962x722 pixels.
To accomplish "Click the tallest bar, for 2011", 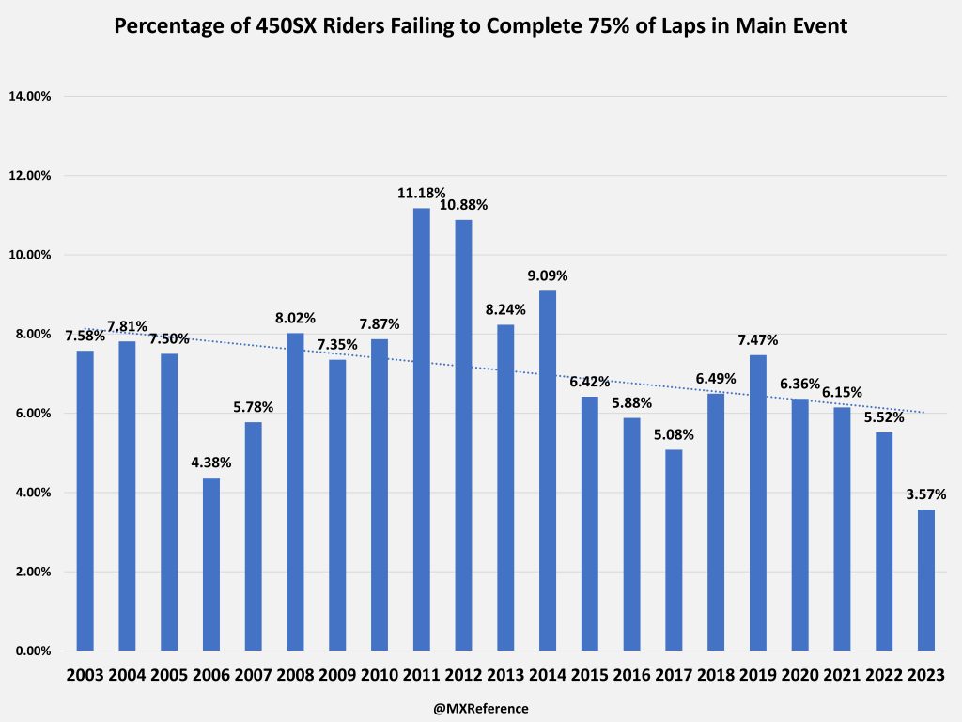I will coord(422,429).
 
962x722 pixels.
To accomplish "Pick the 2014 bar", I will coord(548,470).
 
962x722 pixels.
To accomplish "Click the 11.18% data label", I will coord(422,193).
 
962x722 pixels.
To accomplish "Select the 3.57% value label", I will coord(926,494).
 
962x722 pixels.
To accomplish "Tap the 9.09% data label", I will coord(548,275).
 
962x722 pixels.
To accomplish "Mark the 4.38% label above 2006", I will coord(210,463).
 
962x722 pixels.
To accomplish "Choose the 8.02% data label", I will coord(295,318).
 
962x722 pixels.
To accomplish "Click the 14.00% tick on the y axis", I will coord(36,96).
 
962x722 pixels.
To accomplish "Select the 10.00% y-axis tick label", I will coord(36,255).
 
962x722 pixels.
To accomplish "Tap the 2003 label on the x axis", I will coord(85,676).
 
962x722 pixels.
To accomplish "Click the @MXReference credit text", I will coord(481,708).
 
